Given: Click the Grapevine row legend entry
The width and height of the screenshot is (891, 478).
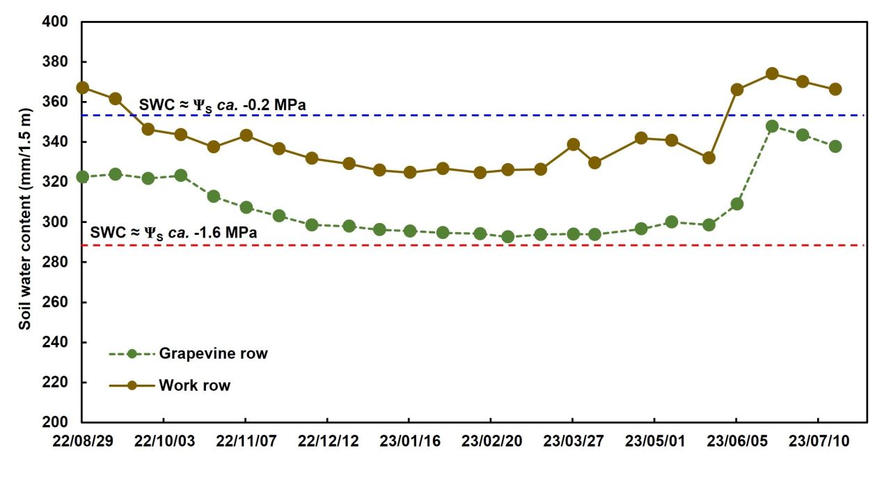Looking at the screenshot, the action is [x=188, y=354].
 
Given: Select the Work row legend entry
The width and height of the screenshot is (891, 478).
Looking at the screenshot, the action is [x=170, y=385].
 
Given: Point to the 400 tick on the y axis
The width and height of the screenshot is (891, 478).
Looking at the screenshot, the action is [x=55, y=22].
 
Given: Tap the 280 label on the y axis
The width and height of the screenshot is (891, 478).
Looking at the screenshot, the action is [x=55, y=262].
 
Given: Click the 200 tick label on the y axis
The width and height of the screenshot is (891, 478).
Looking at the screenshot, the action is [x=55, y=422].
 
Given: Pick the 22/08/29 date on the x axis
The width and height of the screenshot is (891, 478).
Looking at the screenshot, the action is [x=83, y=441].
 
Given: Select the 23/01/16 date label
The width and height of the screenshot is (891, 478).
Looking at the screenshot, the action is [x=410, y=441].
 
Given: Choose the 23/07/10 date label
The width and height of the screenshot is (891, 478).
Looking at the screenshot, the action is [x=819, y=441].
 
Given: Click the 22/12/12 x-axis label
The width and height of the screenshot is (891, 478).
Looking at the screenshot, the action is [x=328, y=441].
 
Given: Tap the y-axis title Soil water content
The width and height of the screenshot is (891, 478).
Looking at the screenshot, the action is [x=24, y=219].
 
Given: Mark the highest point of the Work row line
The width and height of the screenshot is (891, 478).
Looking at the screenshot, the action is [x=772, y=74].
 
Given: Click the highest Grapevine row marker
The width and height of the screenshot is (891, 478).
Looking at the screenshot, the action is [x=772, y=127].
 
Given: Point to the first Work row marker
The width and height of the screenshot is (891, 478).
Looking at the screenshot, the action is [x=83, y=88].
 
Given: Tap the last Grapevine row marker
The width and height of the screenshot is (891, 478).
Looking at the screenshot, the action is [x=835, y=146].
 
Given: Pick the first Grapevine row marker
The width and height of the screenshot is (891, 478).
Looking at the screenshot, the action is [x=83, y=177].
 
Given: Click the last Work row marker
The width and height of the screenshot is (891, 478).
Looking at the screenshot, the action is [x=835, y=88].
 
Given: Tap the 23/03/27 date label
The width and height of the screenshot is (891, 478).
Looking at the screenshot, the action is [x=574, y=441].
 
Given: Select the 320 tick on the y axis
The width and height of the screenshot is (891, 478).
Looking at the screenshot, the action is [x=55, y=182].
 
